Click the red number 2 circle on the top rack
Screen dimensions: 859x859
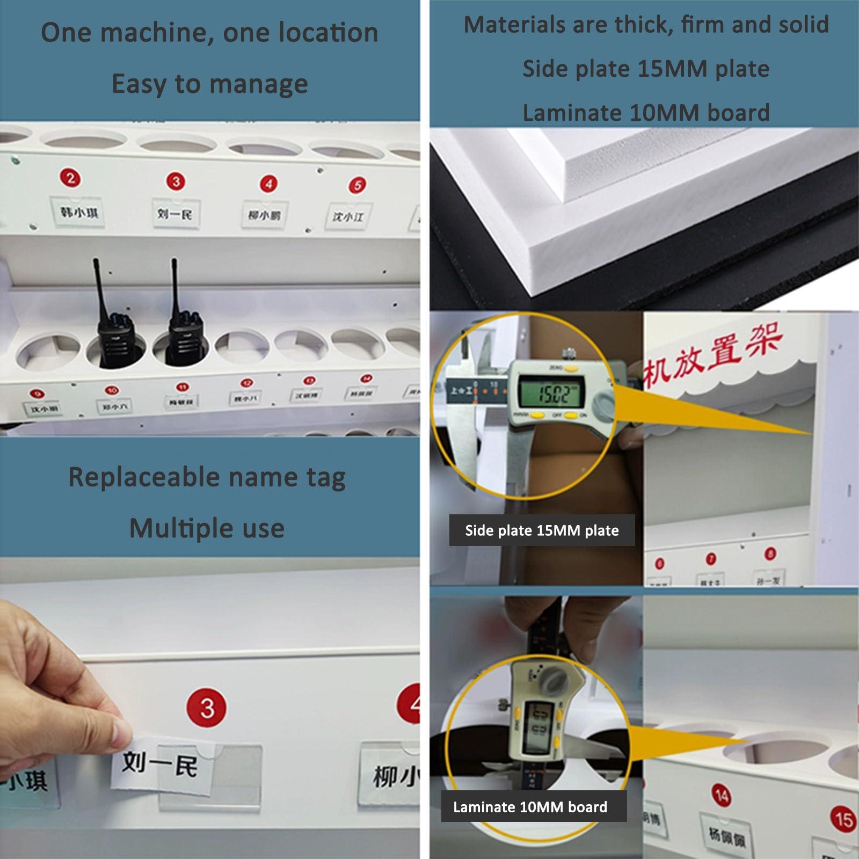click(x=70, y=178)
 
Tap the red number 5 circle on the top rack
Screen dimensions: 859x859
click(x=357, y=186)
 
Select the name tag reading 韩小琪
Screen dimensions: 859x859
click(x=79, y=212)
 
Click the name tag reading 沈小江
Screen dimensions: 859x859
click(x=348, y=216)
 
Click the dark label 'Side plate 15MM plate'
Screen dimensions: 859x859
click(x=541, y=530)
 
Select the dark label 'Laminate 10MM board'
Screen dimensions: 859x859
click(x=530, y=807)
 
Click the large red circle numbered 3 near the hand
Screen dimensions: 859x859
click(x=207, y=708)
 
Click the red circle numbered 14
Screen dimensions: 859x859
click(x=722, y=795)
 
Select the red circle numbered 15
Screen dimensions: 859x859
click(x=842, y=819)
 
